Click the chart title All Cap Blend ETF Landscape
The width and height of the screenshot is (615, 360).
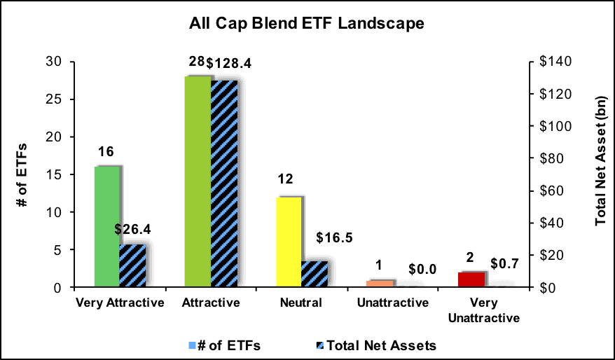tap(306, 23)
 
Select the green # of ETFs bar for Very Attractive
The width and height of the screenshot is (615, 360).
tap(107, 227)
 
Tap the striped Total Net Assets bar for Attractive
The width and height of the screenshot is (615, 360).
tap(224, 184)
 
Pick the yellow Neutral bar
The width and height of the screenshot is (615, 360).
tap(289, 242)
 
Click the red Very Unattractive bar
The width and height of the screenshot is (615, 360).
tap(471, 280)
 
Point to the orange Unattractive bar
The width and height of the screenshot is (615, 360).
tap(380, 284)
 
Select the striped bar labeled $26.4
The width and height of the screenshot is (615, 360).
tap(132, 266)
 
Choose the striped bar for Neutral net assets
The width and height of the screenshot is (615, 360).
tap(315, 274)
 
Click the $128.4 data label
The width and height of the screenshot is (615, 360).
tap(228, 63)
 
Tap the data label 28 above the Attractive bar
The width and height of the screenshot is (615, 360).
tap(197, 62)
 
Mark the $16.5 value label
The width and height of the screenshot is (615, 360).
tap(334, 237)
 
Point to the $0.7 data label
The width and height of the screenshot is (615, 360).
tap(504, 264)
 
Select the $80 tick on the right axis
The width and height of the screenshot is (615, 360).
tap(551, 158)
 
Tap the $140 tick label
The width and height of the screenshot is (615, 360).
tap(555, 62)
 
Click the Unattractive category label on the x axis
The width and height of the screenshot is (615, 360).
tap(393, 303)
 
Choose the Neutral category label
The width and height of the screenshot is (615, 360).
tap(301, 303)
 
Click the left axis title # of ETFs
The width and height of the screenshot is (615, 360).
tap(22, 175)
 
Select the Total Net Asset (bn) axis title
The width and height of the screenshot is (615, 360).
tap(601, 161)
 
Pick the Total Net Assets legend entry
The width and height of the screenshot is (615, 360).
tap(376, 345)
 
